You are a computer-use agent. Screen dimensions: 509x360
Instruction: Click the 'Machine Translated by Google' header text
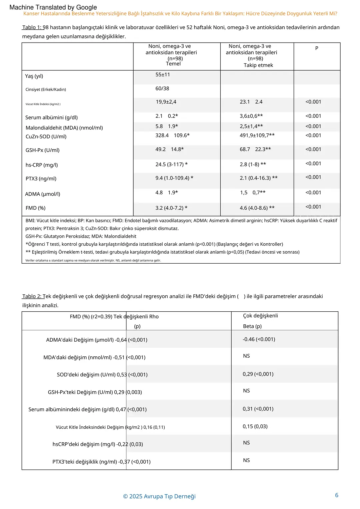[x=53, y=7]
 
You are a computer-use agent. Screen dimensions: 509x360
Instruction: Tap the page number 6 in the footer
[x=337, y=495]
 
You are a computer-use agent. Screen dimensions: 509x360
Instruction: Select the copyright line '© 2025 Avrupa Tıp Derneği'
[x=159, y=496]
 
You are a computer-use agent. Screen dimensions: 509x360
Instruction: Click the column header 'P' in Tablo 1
[x=317, y=48]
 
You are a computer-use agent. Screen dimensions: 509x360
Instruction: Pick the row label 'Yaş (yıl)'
[x=34, y=76]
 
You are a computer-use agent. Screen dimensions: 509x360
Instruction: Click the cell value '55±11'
[x=163, y=75]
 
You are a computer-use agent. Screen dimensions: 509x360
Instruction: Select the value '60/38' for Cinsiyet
[x=162, y=89]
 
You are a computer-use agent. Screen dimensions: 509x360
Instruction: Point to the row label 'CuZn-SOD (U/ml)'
[x=46, y=137]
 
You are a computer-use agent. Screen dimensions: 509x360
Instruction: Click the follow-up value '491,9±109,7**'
[x=257, y=135]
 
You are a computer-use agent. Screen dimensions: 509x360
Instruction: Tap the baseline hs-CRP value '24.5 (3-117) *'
[x=171, y=164]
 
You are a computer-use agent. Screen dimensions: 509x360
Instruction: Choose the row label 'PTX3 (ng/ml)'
[x=41, y=179]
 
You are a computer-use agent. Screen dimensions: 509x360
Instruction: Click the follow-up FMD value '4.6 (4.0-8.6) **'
[x=257, y=208]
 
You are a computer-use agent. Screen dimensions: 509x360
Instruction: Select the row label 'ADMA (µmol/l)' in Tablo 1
[x=43, y=194]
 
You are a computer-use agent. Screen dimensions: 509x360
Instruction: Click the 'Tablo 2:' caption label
[x=32, y=296]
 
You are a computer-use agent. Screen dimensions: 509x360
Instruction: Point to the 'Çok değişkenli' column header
[x=260, y=316]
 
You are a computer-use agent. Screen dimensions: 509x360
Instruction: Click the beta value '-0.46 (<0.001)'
[x=259, y=339]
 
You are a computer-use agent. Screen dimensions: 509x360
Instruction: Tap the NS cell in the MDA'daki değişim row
[x=246, y=356]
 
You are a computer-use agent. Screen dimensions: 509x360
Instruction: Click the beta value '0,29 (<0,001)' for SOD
[x=258, y=374]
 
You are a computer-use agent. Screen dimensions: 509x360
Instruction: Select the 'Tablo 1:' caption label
[x=32, y=27]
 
